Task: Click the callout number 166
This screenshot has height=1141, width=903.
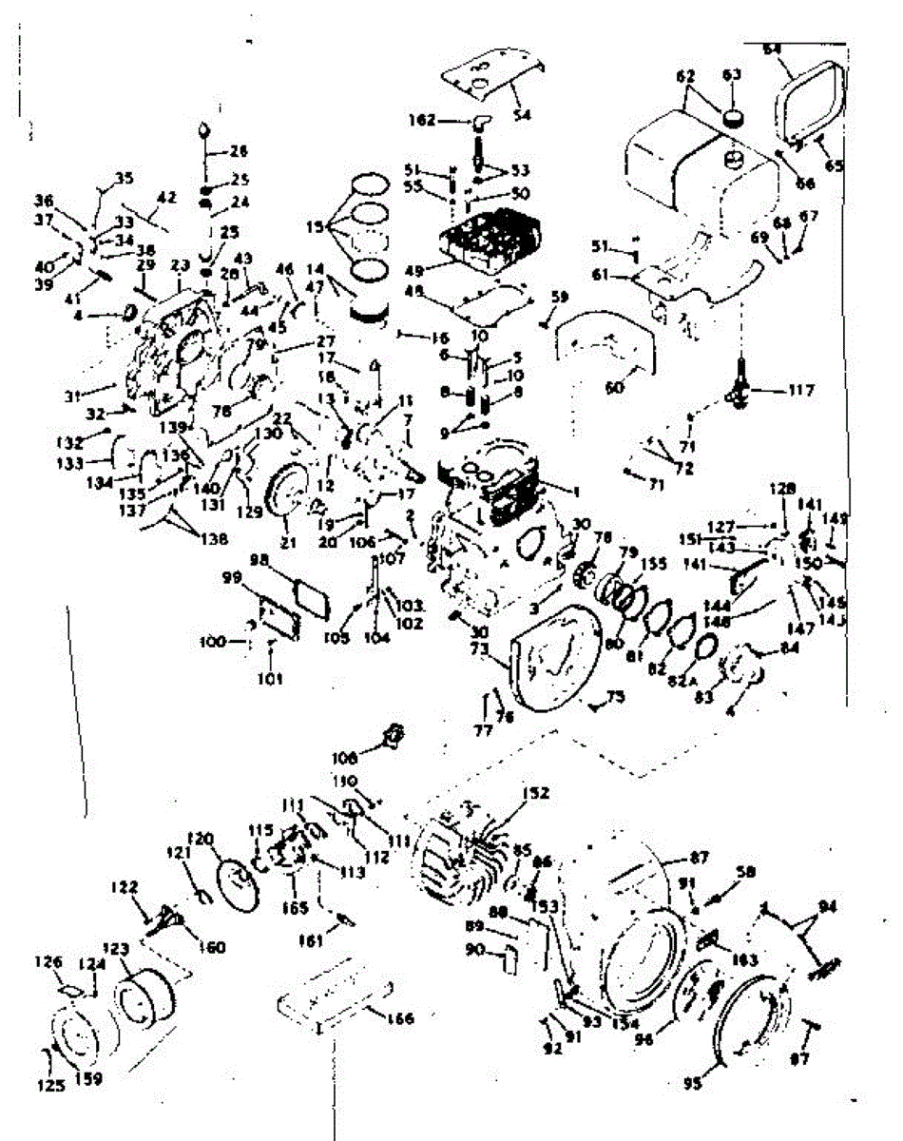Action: (x=401, y=1019)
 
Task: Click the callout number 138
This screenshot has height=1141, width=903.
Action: (x=214, y=539)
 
